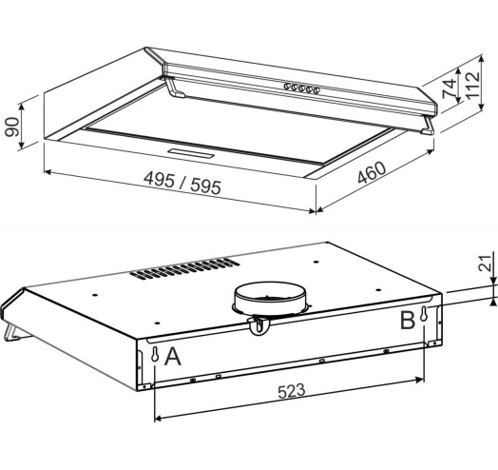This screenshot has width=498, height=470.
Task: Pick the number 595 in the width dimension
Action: pos(203,187)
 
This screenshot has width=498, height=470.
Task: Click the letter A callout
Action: pos(173,357)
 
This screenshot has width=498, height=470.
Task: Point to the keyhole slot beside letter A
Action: pos(154,355)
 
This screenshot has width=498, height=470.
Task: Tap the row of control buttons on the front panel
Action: pos(301,89)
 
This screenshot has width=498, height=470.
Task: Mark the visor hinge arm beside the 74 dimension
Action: pos(431,125)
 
